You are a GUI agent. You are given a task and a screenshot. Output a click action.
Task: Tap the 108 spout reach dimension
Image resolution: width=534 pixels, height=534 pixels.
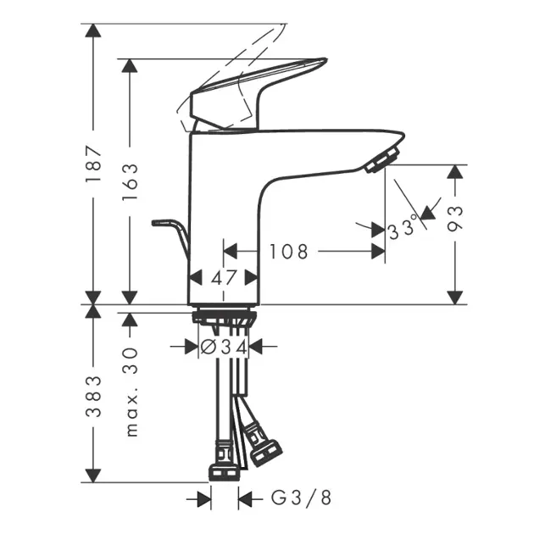pyautogui.click(x=288, y=252)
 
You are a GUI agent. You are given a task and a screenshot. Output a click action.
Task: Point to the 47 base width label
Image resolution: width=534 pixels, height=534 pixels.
pyautogui.click(x=223, y=278)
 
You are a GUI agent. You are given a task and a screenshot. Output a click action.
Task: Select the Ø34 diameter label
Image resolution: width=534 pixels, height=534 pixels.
pyautogui.click(x=223, y=346)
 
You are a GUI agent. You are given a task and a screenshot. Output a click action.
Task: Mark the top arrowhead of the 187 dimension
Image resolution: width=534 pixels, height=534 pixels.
pyautogui.click(x=93, y=31)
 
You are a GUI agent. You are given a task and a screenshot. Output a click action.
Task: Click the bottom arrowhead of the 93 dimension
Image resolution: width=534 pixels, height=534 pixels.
pyautogui.click(x=455, y=296)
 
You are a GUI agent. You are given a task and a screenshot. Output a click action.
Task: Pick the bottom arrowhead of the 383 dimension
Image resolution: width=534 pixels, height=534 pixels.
pyautogui.click(x=93, y=475)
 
